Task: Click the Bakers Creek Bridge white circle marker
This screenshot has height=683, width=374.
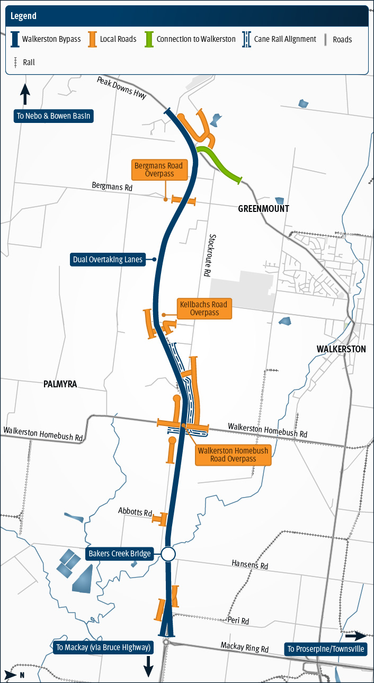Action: click(168, 554)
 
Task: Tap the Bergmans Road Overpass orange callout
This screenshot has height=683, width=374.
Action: click(158, 170)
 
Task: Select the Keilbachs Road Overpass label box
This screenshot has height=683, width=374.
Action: click(204, 308)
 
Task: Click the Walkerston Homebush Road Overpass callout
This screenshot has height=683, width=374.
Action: click(233, 455)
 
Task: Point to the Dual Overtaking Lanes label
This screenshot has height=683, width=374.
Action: click(108, 260)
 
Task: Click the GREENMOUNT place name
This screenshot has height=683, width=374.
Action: click(263, 209)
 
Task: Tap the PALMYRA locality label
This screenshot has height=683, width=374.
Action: click(60, 384)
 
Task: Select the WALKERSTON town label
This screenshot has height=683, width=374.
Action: click(341, 349)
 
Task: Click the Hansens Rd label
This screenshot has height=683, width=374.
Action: click(250, 565)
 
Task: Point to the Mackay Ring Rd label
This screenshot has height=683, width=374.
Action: click(245, 647)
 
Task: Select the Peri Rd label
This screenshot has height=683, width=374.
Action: click(238, 620)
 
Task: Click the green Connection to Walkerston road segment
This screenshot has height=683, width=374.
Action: click(219, 165)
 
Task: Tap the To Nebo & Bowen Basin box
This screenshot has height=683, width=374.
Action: click(54, 116)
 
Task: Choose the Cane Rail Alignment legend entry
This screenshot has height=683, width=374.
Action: click(279, 39)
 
